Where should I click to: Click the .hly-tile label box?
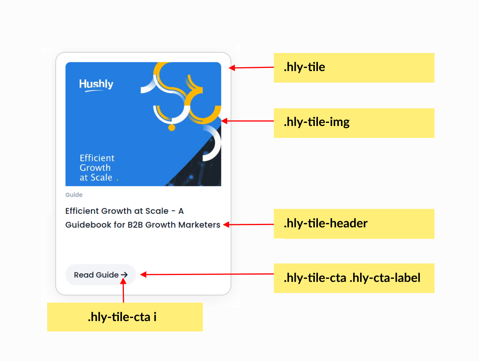click(354, 68)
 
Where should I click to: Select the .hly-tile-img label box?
click(354, 123)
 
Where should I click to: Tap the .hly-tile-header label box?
click(354, 224)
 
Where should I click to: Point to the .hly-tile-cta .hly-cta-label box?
click(354, 278)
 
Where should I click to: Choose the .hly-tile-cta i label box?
click(125, 317)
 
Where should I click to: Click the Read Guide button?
click(100, 275)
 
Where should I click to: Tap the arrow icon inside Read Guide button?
click(124, 275)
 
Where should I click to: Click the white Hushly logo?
click(96, 85)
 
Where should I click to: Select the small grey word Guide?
click(74, 195)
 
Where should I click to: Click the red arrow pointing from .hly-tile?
click(251, 68)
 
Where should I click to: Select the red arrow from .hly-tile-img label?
click(248, 121)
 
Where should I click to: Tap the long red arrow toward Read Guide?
click(207, 274)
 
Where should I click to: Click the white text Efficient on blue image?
click(97, 158)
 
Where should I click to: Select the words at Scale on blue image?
click(96, 177)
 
